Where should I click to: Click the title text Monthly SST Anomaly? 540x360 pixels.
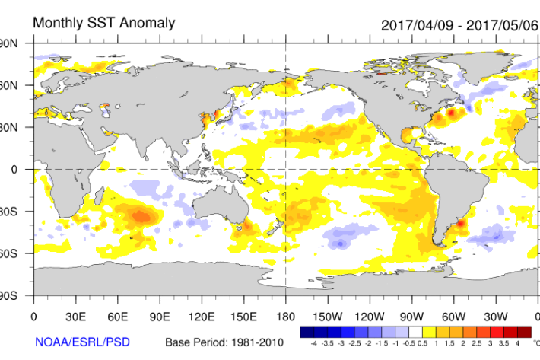(x=103, y=23)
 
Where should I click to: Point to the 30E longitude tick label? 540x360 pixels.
(x=75, y=316)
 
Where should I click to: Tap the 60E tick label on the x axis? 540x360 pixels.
(x=117, y=316)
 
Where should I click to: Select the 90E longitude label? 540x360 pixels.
(x=160, y=316)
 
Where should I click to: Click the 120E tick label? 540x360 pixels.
(x=202, y=316)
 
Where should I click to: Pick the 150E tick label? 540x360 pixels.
(x=243, y=316)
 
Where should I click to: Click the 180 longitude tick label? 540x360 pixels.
(x=285, y=316)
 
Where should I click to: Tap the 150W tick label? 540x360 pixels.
(x=328, y=316)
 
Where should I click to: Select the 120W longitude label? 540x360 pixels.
(x=370, y=316)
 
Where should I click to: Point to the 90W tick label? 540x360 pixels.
(x=411, y=316)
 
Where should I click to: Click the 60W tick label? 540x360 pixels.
(x=453, y=316)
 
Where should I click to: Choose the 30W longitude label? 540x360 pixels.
(x=495, y=316)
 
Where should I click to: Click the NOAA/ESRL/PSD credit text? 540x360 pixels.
(x=75, y=342)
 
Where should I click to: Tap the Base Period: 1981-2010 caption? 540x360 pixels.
(x=221, y=342)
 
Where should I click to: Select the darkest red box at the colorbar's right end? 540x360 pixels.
(x=525, y=333)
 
